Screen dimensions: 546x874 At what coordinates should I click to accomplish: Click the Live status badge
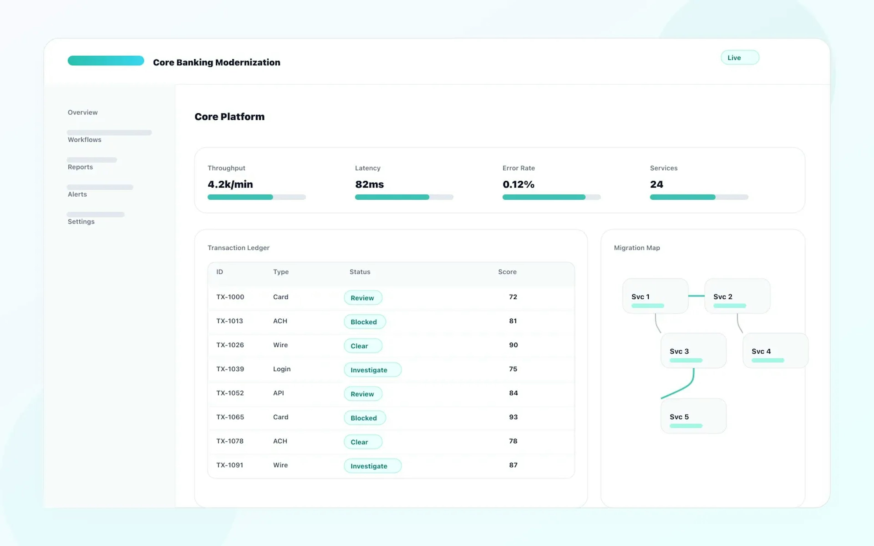740,58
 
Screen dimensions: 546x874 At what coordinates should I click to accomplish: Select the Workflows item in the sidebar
84,140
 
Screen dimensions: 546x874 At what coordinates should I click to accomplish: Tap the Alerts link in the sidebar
77,194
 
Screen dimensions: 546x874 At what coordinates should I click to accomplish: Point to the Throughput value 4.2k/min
230,185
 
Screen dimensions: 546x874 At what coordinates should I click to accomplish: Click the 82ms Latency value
369,185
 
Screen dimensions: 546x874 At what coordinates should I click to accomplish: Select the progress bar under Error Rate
551,197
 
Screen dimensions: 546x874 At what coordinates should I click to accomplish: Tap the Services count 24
656,185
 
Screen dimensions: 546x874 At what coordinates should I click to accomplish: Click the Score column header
507,272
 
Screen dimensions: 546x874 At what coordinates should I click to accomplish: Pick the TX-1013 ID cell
230,321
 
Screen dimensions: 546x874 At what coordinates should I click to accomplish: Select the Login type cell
282,369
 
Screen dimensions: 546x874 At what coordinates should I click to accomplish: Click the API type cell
278,393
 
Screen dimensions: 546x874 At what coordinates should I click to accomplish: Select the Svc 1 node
655,296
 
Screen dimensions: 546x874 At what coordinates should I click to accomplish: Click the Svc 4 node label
761,351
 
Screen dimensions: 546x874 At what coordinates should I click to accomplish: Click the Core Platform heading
229,117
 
